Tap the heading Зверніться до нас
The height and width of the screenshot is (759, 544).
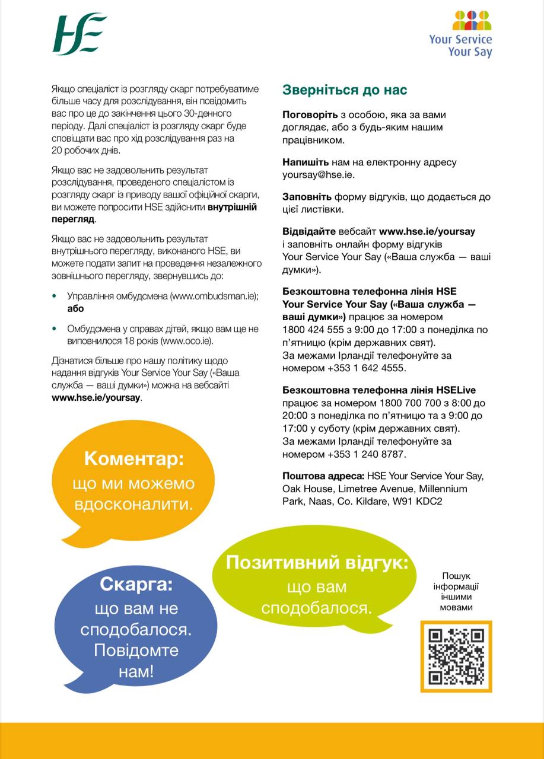tap(345, 90)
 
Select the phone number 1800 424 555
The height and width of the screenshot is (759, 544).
tap(310, 330)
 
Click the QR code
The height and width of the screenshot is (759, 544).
tap(456, 656)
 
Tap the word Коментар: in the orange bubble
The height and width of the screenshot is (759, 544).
tap(134, 458)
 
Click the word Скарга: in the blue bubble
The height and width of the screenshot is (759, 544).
tap(136, 584)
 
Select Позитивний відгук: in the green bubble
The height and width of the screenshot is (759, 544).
tap(317, 562)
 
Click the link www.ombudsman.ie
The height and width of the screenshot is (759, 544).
tap(214, 295)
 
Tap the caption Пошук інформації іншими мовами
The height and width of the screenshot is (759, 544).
tap(456, 591)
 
